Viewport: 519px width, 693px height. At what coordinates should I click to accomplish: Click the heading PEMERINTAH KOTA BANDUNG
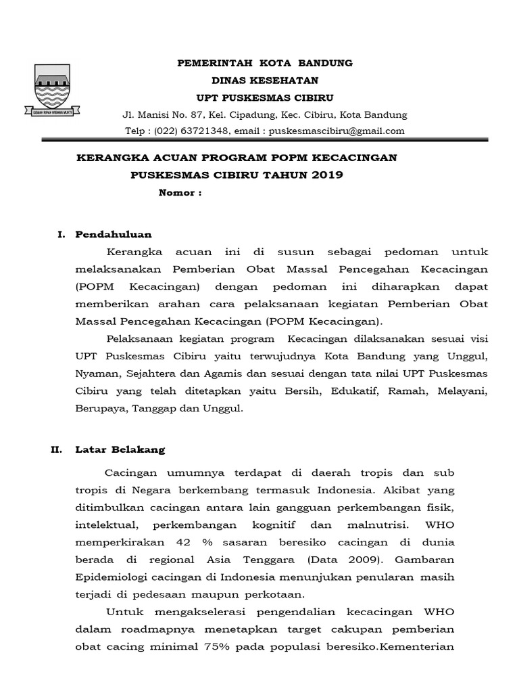coord(264,63)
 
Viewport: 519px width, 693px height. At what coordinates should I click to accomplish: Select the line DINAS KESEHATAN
coord(264,80)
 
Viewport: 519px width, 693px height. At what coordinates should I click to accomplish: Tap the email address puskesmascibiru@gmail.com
coord(337,131)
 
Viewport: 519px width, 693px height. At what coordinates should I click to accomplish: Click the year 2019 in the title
coord(328,175)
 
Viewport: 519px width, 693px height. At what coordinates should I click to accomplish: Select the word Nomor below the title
coord(178,192)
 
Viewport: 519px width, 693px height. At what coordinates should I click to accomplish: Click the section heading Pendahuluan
coord(114,234)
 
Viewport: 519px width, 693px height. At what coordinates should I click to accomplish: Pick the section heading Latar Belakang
coord(120,449)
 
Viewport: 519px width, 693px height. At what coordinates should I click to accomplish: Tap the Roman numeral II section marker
coord(56,449)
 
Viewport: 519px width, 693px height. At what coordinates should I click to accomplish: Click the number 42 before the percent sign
coord(182,543)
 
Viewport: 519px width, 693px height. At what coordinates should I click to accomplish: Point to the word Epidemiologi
coord(107,578)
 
